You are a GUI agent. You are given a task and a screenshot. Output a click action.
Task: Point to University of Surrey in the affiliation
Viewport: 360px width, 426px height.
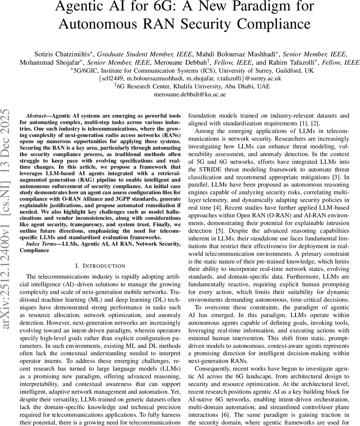255,70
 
